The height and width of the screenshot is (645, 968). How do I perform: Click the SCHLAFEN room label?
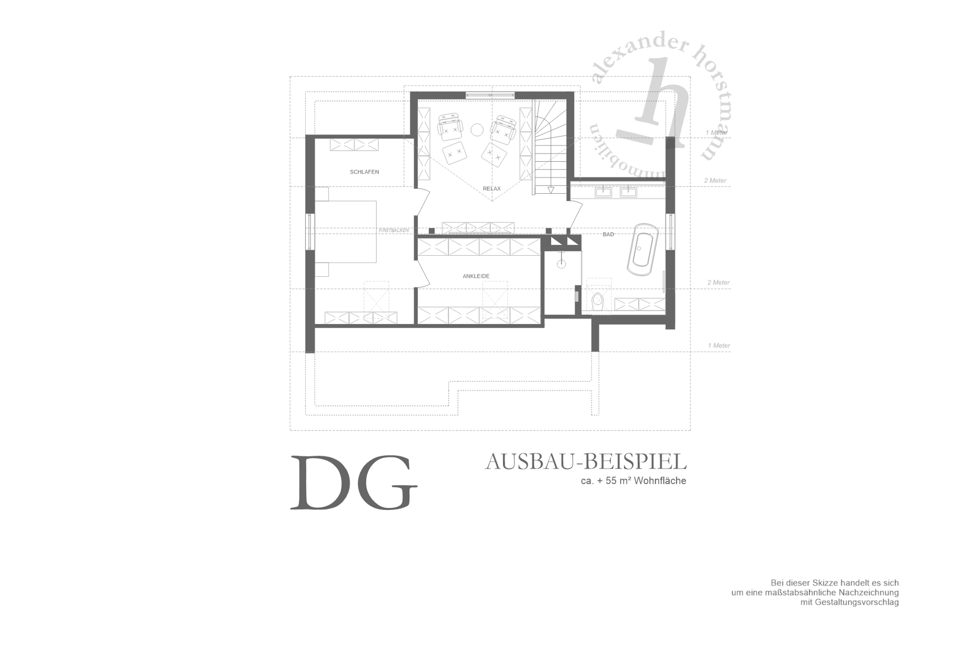[364, 172]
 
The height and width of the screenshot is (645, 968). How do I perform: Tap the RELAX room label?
[492, 189]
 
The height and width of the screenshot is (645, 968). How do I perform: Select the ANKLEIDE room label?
[476, 276]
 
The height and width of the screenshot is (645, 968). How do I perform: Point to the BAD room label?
[608, 234]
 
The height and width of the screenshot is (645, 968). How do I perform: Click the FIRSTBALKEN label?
[394, 230]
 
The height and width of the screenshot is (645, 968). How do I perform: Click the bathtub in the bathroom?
[643, 249]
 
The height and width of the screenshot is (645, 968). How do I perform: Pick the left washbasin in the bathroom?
[604, 192]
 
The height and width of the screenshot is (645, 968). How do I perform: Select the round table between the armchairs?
[477, 129]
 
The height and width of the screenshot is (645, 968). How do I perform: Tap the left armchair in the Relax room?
[449, 127]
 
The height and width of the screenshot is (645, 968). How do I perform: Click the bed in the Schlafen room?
[346, 232]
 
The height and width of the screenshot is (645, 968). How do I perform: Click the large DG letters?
[354, 482]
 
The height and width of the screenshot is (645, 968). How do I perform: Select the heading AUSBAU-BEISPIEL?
[586, 462]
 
